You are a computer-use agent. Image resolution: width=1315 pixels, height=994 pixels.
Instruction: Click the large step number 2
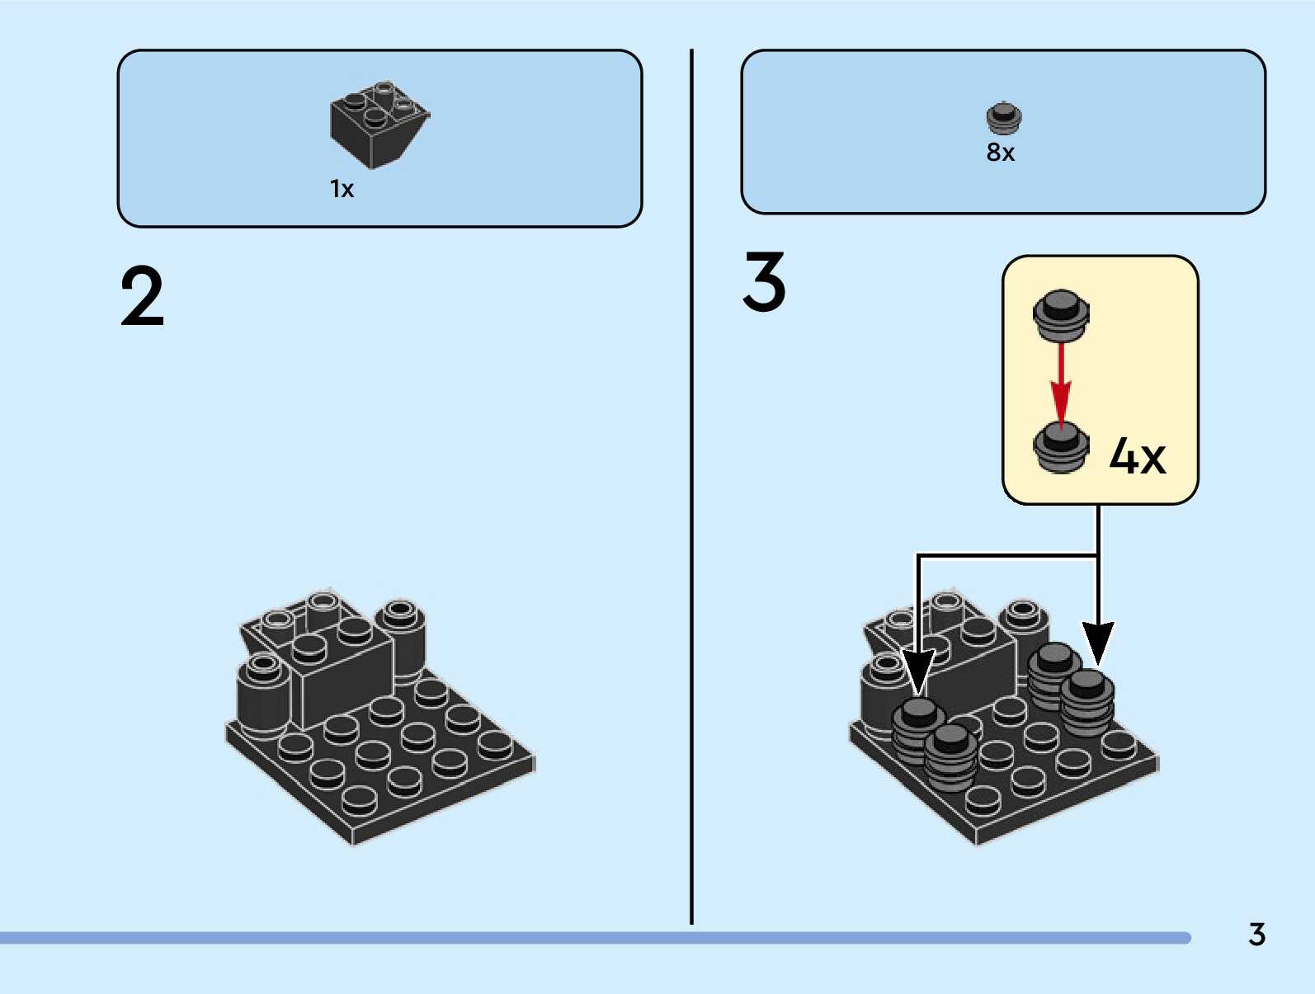[x=142, y=297]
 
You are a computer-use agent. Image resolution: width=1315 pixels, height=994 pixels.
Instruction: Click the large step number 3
[x=764, y=282]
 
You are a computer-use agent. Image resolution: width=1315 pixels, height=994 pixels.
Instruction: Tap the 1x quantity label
[x=342, y=189]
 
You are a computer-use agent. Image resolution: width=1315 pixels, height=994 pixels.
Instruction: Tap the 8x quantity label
[x=1000, y=153]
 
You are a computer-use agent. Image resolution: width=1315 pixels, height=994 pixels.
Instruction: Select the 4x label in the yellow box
[x=1137, y=455]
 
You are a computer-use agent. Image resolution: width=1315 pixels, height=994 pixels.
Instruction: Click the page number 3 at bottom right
[x=1256, y=935]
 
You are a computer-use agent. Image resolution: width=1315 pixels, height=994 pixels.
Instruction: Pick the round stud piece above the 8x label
[x=1003, y=118]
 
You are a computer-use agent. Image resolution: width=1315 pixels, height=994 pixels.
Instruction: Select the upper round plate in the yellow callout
[x=1061, y=314]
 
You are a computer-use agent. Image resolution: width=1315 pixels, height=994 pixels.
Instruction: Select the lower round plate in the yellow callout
[x=1061, y=447]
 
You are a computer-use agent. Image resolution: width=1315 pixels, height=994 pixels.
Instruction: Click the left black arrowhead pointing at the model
[x=918, y=670]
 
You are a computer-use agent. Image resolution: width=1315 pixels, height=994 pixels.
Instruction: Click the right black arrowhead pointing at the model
[x=1098, y=641]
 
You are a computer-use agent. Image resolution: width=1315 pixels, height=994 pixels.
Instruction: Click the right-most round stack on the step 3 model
[x=1087, y=703]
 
